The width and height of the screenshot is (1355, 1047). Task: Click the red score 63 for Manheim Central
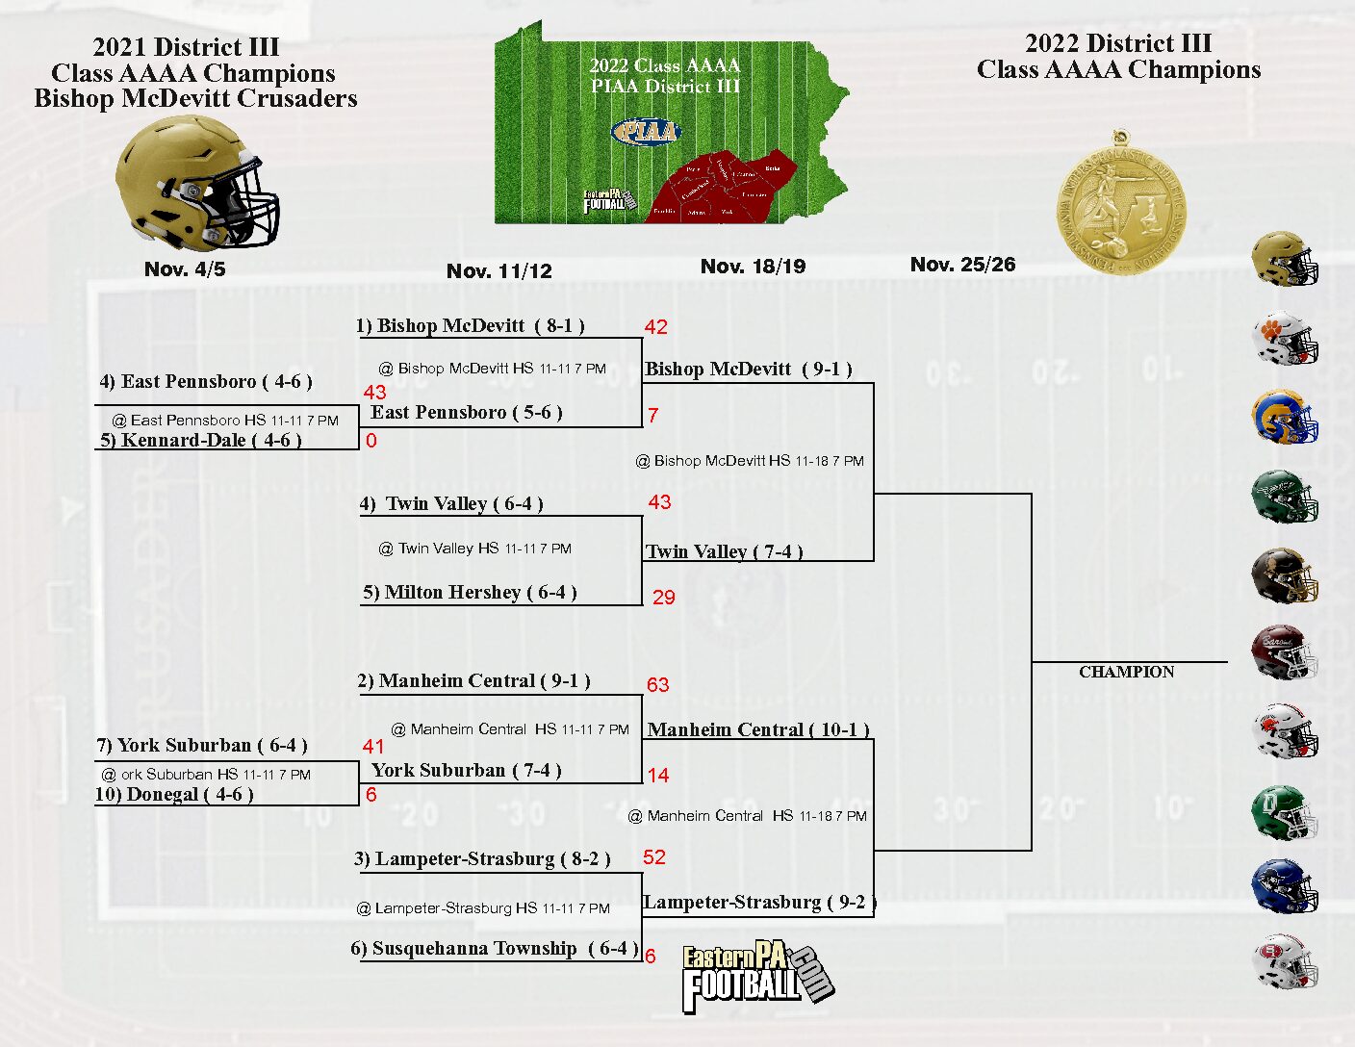(657, 685)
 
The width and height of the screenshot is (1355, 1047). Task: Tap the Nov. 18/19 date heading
(753, 267)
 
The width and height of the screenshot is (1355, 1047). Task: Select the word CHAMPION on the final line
(1126, 672)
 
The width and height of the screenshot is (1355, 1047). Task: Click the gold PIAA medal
(1121, 206)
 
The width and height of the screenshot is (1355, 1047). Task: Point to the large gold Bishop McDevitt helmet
(197, 183)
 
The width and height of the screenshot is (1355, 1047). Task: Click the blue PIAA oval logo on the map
(646, 132)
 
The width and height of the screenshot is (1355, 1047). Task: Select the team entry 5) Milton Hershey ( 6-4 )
(470, 593)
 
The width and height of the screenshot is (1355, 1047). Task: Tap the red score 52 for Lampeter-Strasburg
(654, 857)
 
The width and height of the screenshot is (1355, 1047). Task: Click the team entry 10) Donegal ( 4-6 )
(174, 795)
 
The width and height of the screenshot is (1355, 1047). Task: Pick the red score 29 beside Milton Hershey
(664, 598)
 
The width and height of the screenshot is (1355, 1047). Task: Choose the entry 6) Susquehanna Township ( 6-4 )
(493, 949)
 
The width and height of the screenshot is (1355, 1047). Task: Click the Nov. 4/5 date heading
(185, 269)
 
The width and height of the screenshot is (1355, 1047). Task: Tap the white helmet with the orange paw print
(1284, 339)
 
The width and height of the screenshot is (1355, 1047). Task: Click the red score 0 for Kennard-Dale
(371, 441)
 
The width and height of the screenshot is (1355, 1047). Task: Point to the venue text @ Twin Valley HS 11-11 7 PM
(474, 549)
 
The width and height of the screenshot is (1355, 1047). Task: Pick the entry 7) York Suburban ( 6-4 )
(202, 746)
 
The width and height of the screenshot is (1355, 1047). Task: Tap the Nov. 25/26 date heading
(962, 265)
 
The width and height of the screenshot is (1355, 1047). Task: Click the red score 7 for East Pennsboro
(653, 416)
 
